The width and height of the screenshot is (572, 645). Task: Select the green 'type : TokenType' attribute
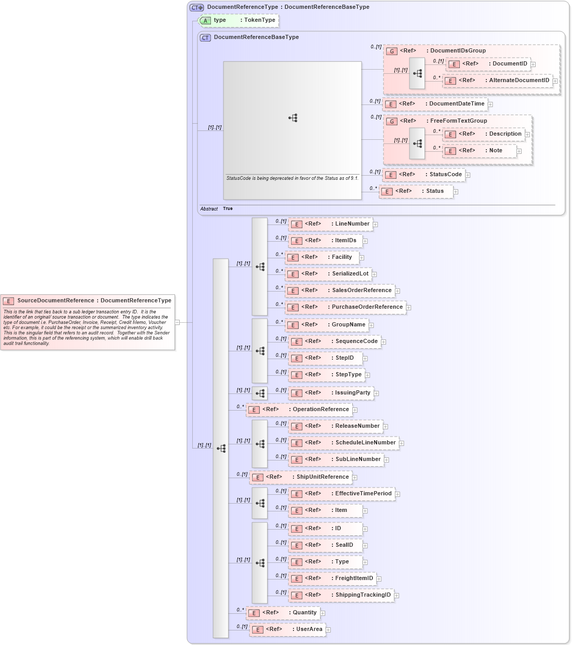[240, 20]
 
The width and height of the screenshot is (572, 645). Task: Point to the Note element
[481, 151]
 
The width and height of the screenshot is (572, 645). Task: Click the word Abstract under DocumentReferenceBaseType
[209, 209]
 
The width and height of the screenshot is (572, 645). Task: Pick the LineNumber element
[332, 224]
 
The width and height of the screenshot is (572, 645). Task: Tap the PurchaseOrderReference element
[346, 307]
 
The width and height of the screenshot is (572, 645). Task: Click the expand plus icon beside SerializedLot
[374, 274]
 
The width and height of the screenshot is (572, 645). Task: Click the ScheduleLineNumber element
[345, 443]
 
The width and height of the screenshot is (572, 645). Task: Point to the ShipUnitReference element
[301, 477]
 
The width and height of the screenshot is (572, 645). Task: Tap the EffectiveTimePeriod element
[343, 494]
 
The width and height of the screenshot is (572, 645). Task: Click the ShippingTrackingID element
[342, 595]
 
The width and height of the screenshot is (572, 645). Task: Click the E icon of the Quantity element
[254, 613]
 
